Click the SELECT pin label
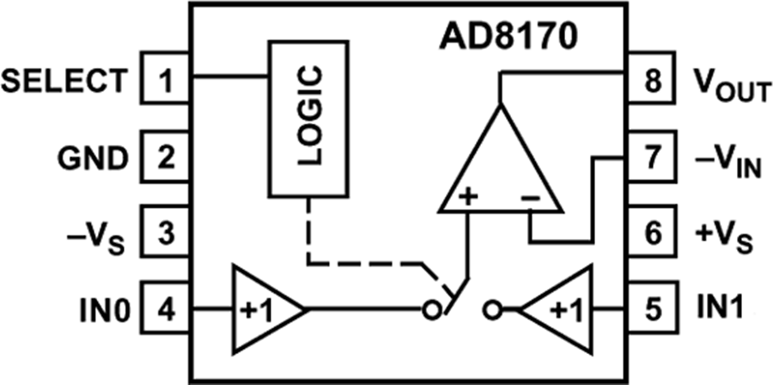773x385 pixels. tap(63, 82)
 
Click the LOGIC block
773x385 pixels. tap(309, 119)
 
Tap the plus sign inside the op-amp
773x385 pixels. tap(468, 197)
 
